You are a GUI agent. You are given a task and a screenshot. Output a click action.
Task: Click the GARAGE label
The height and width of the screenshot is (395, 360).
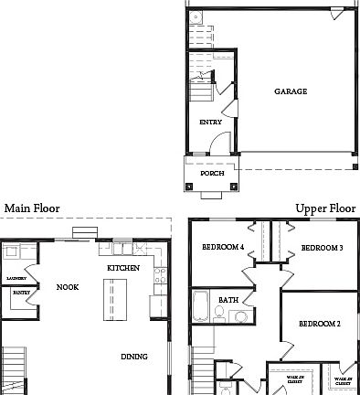click(291, 91)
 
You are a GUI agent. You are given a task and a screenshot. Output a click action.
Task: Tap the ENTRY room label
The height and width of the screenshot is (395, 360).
click(210, 122)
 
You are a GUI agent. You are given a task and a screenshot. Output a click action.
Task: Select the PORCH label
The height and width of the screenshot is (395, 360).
click(212, 172)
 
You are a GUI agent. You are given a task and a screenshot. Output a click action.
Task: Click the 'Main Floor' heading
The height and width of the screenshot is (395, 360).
click(32, 208)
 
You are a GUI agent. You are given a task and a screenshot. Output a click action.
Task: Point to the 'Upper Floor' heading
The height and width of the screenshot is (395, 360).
click(324, 208)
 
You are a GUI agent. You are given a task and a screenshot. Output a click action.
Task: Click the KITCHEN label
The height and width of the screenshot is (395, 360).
click(122, 267)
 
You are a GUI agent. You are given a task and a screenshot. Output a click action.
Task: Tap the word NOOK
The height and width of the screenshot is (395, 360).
click(68, 286)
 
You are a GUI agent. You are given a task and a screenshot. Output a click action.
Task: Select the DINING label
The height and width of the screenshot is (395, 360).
click(135, 357)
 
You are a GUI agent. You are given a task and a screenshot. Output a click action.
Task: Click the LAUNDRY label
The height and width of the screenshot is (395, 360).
click(16, 277)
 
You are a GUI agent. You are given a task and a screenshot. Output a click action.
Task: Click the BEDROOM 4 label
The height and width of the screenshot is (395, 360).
click(222, 248)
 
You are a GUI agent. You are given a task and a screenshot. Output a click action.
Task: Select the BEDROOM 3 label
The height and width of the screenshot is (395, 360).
click(321, 248)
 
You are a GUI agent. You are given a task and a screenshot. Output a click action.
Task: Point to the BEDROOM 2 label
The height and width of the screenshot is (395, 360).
click(320, 324)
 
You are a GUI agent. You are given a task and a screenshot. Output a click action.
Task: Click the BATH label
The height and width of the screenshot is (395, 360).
click(228, 299)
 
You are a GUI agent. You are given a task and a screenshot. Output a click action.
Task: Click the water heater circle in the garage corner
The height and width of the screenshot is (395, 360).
click(196, 17)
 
